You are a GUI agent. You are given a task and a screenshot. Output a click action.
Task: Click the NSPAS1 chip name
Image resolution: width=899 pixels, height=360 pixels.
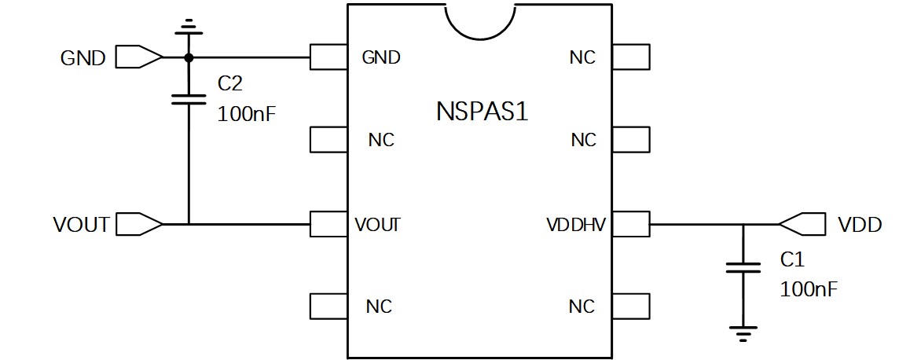point(482,111)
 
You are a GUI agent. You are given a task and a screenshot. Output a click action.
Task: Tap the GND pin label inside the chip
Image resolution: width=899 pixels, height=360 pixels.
point(380,57)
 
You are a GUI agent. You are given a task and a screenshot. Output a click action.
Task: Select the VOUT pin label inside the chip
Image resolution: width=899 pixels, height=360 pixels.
point(377,225)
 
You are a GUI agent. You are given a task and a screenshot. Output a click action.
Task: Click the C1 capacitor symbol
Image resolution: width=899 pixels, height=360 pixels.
point(743,267)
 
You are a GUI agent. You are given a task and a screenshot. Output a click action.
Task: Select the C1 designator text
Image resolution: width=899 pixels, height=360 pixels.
point(792,259)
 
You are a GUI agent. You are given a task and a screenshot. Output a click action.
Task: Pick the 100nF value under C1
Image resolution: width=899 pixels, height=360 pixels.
point(809,289)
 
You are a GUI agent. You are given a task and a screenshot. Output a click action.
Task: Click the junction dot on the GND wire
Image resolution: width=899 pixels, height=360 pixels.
point(189,57)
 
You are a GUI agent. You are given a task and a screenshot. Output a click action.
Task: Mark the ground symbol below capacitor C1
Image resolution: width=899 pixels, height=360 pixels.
point(743,333)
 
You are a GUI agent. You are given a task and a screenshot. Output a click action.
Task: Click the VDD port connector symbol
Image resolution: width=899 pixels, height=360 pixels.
point(802,225)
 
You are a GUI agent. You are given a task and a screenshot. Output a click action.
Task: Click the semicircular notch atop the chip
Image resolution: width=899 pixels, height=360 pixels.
point(480,17)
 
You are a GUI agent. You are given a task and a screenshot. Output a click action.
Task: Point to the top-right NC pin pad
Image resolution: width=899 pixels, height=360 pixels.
point(629,57)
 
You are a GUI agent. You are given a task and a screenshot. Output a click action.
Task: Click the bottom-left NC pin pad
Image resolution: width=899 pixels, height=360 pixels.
point(329,305)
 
